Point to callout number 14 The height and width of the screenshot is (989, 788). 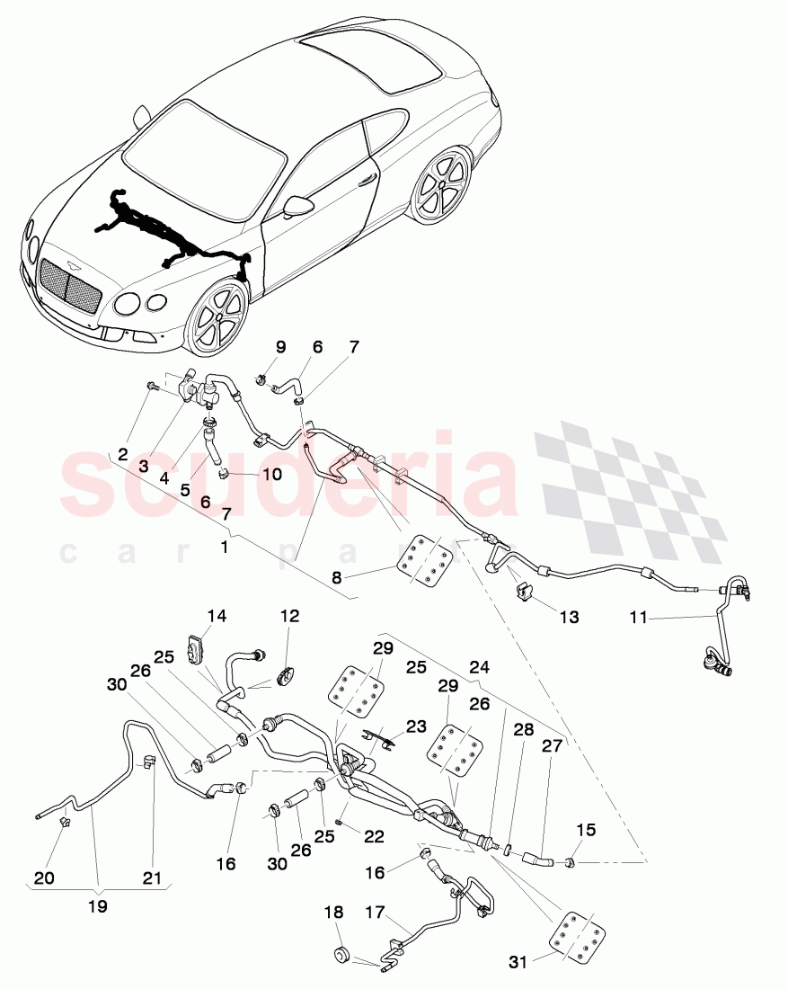(217, 617)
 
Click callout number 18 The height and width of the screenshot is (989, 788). (333, 912)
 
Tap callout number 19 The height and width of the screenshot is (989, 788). (97, 906)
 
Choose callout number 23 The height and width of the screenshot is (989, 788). (416, 726)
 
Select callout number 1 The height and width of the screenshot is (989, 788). (224, 545)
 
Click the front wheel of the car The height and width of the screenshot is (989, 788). (218, 318)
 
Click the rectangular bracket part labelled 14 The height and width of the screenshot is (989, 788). (195, 649)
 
